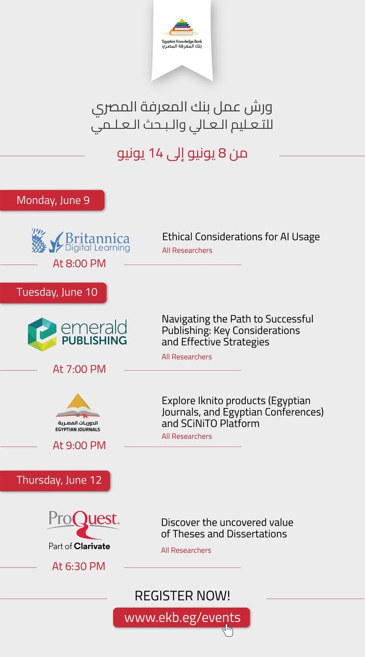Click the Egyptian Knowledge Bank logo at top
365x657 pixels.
tap(182, 33)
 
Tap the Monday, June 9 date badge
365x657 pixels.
tap(52, 200)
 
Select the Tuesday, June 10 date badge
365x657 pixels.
tap(53, 293)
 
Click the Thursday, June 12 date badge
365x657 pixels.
tap(55, 481)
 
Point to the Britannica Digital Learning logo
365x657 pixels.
tap(81, 240)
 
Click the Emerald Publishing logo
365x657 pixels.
tap(78, 335)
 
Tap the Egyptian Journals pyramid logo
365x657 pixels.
tap(78, 413)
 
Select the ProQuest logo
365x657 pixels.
tap(83, 530)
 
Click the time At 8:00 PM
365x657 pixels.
tap(79, 264)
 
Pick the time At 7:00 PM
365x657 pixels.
tap(79, 369)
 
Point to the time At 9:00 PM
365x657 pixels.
tap(79, 445)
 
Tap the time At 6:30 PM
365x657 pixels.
tap(79, 566)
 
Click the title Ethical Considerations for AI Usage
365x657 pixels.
tap(241, 237)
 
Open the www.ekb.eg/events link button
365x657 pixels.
tap(181, 617)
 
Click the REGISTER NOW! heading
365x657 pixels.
tap(182, 595)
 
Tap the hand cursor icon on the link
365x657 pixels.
tap(228, 630)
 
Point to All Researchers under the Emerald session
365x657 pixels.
tap(187, 357)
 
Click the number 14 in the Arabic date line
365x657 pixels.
tap(156, 153)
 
